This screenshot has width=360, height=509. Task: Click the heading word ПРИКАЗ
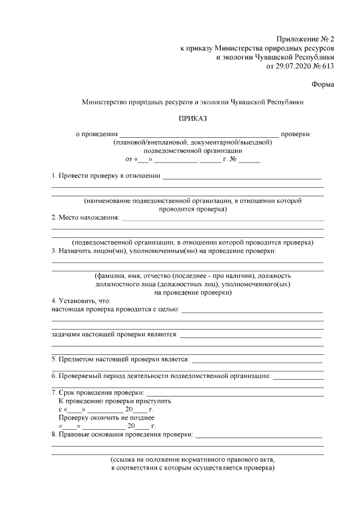(x=193, y=119)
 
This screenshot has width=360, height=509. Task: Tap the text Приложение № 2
(x=305, y=39)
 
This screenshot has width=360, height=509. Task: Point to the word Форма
(x=322, y=84)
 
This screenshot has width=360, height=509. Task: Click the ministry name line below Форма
(x=192, y=102)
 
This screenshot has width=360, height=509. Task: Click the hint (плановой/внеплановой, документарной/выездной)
(x=192, y=142)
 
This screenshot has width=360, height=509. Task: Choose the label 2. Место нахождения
(x=85, y=217)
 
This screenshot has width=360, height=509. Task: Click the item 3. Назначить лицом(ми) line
(x=164, y=251)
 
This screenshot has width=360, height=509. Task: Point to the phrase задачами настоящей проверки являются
(x=115, y=334)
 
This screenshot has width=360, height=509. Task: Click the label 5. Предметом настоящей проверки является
(x=120, y=359)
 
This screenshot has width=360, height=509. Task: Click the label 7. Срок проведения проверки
(x=98, y=392)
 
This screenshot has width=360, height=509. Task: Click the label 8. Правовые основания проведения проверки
(x=122, y=434)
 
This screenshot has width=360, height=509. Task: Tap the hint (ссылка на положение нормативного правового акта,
(x=192, y=459)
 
